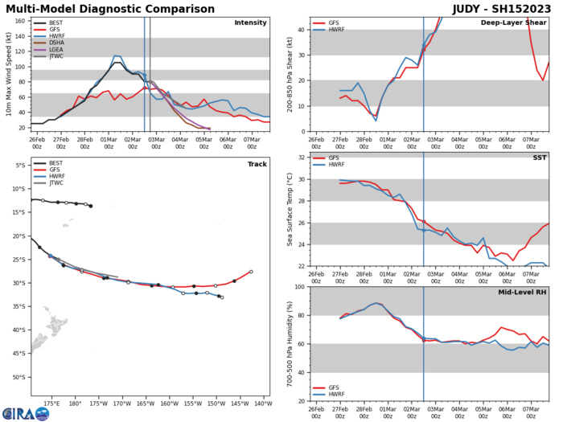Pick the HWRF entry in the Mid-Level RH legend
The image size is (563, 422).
[x=332, y=394]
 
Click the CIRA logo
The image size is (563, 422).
[x=25, y=412]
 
